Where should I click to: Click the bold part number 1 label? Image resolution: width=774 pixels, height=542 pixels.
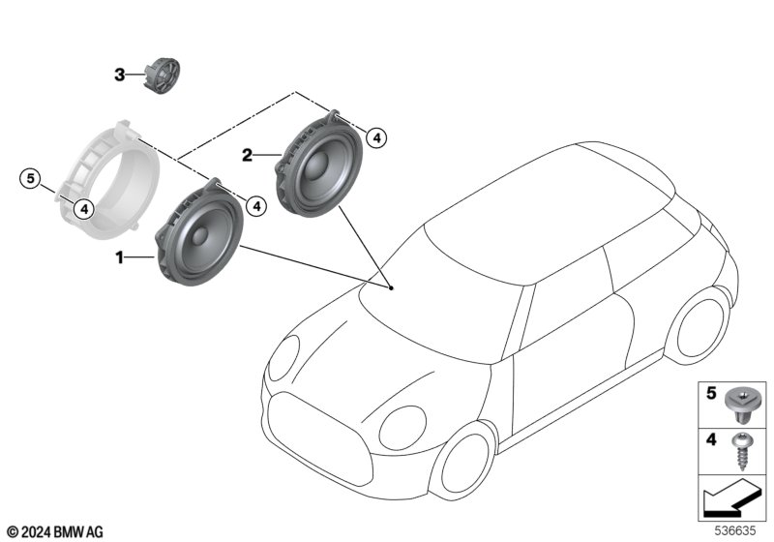(120, 257)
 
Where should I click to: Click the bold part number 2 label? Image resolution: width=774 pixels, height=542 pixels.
(247, 155)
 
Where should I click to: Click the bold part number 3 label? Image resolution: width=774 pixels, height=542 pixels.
(120, 74)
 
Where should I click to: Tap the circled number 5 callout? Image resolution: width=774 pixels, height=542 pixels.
(31, 178)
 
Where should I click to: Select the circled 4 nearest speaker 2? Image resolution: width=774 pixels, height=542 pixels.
(377, 138)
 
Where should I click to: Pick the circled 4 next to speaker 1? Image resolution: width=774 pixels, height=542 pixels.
(255, 204)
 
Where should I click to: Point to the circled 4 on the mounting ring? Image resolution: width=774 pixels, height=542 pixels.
(84, 206)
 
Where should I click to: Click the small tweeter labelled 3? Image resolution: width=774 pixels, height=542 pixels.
(162, 75)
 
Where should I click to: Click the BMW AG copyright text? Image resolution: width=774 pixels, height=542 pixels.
(55, 531)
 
